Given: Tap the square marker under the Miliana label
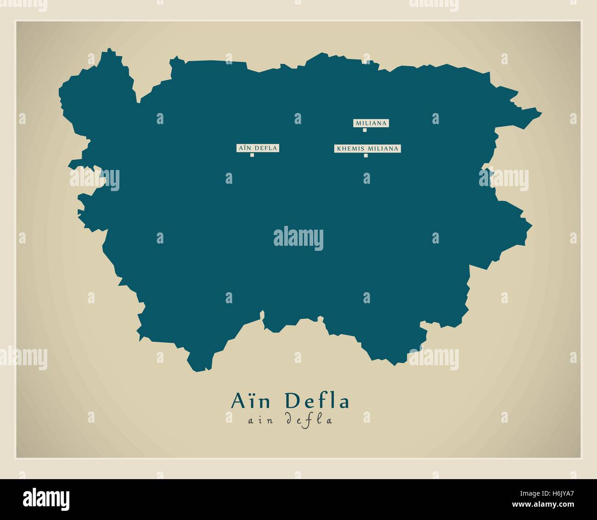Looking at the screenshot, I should pos(365,130).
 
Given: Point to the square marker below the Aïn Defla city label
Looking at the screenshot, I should pos(252,155).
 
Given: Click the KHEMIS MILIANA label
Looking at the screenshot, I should pos(367,148).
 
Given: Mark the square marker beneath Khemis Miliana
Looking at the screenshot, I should pos(366,155).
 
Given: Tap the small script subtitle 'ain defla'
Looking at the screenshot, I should pos(290,419).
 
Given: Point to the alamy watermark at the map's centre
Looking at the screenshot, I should pos(298,239).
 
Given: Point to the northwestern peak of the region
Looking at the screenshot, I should pos(109,50).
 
